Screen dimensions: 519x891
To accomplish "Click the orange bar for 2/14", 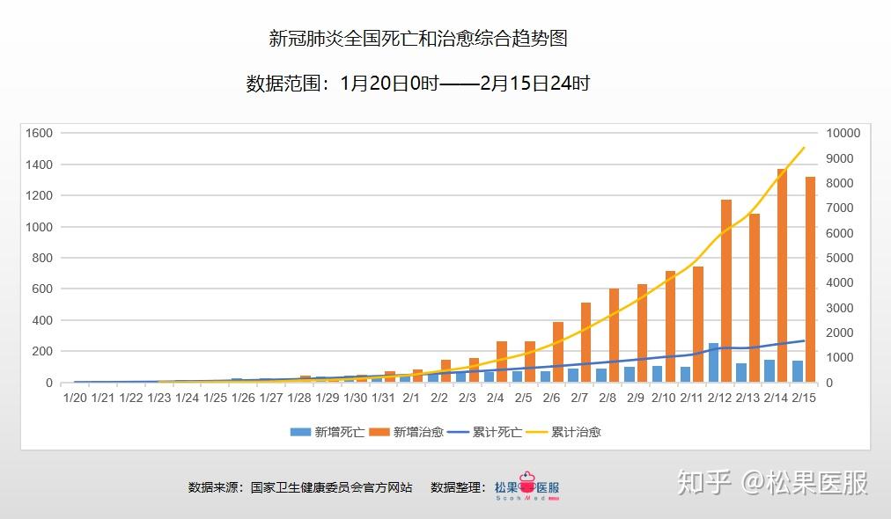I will [782, 275].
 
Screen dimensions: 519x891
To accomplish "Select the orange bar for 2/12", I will [726, 291].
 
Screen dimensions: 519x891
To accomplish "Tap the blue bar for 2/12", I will [713, 362].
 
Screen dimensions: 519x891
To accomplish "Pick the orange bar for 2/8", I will [614, 335].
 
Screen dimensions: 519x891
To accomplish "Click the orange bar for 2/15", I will [810, 279].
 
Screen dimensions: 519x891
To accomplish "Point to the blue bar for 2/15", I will [798, 371].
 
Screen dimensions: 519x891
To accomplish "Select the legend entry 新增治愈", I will [404, 432].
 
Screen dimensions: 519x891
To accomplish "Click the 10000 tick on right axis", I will [843, 133].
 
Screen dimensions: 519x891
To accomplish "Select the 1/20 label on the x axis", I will [75, 398].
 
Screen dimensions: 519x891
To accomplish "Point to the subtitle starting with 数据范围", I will [418, 84].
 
